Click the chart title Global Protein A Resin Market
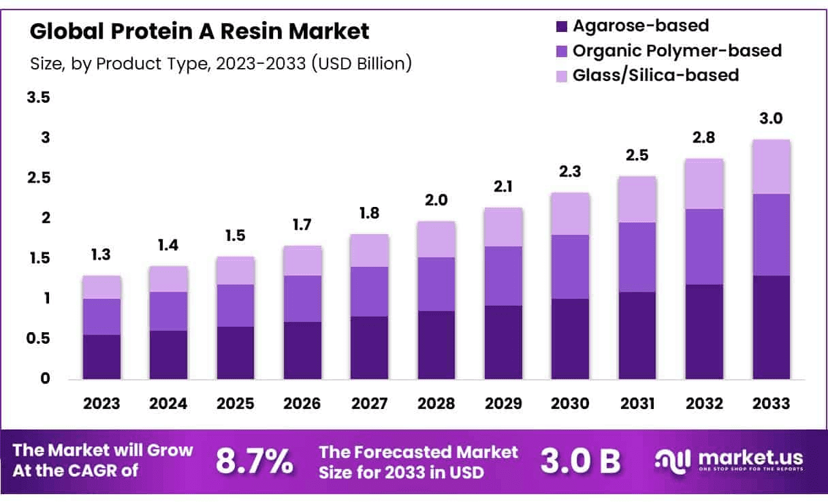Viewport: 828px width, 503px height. [200, 31]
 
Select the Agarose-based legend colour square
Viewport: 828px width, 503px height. [561, 27]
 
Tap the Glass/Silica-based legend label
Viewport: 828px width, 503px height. [656, 74]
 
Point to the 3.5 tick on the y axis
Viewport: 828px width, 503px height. [38, 97]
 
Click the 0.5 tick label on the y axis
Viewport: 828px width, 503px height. [38, 338]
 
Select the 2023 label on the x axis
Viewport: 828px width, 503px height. [101, 403]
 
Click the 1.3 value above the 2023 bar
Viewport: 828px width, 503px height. [101, 255]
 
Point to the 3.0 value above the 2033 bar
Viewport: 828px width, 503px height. [771, 118]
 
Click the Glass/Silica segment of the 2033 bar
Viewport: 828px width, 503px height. [771, 167]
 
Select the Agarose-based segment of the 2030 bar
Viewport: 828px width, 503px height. [570, 338]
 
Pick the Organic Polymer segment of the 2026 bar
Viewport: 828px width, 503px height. [303, 299]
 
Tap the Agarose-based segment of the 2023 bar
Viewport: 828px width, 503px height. [101, 357]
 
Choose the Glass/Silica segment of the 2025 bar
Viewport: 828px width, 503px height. [236, 270]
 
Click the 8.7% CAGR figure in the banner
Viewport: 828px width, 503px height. [255, 461]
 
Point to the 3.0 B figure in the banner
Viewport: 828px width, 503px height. [581, 461]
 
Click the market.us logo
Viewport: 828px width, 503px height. [729, 460]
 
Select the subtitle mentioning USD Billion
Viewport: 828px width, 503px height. [221, 64]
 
